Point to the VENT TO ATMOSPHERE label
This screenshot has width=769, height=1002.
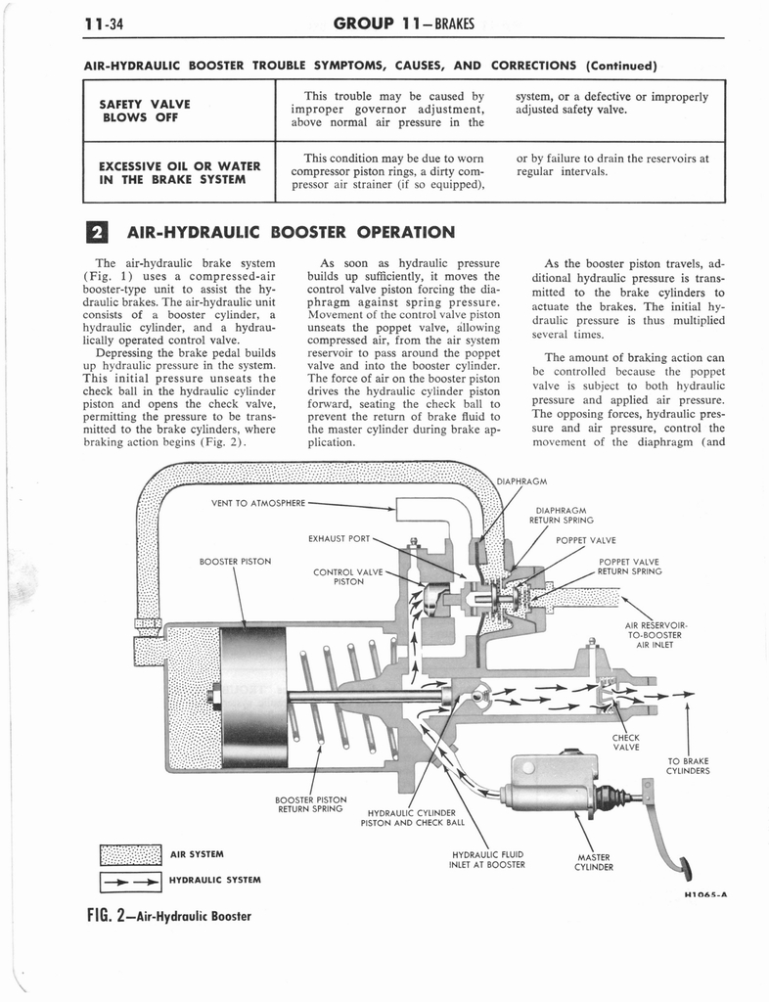pyautogui.click(x=258, y=504)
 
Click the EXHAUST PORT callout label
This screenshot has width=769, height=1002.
pyautogui.click(x=339, y=538)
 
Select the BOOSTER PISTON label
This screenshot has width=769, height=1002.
pyautogui.click(x=235, y=561)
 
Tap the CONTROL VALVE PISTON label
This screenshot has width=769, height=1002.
pyautogui.click(x=347, y=576)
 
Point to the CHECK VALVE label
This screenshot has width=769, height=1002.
pyautogui.click(x=625, y=742)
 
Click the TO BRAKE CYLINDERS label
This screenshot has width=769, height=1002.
pyautogui.click(x=687, y=764)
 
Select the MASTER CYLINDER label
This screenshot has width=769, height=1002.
pyautogui.click(x=594, y=861)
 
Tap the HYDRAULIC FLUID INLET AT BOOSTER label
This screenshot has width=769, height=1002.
pyautogui.click(x=487, y=858)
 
